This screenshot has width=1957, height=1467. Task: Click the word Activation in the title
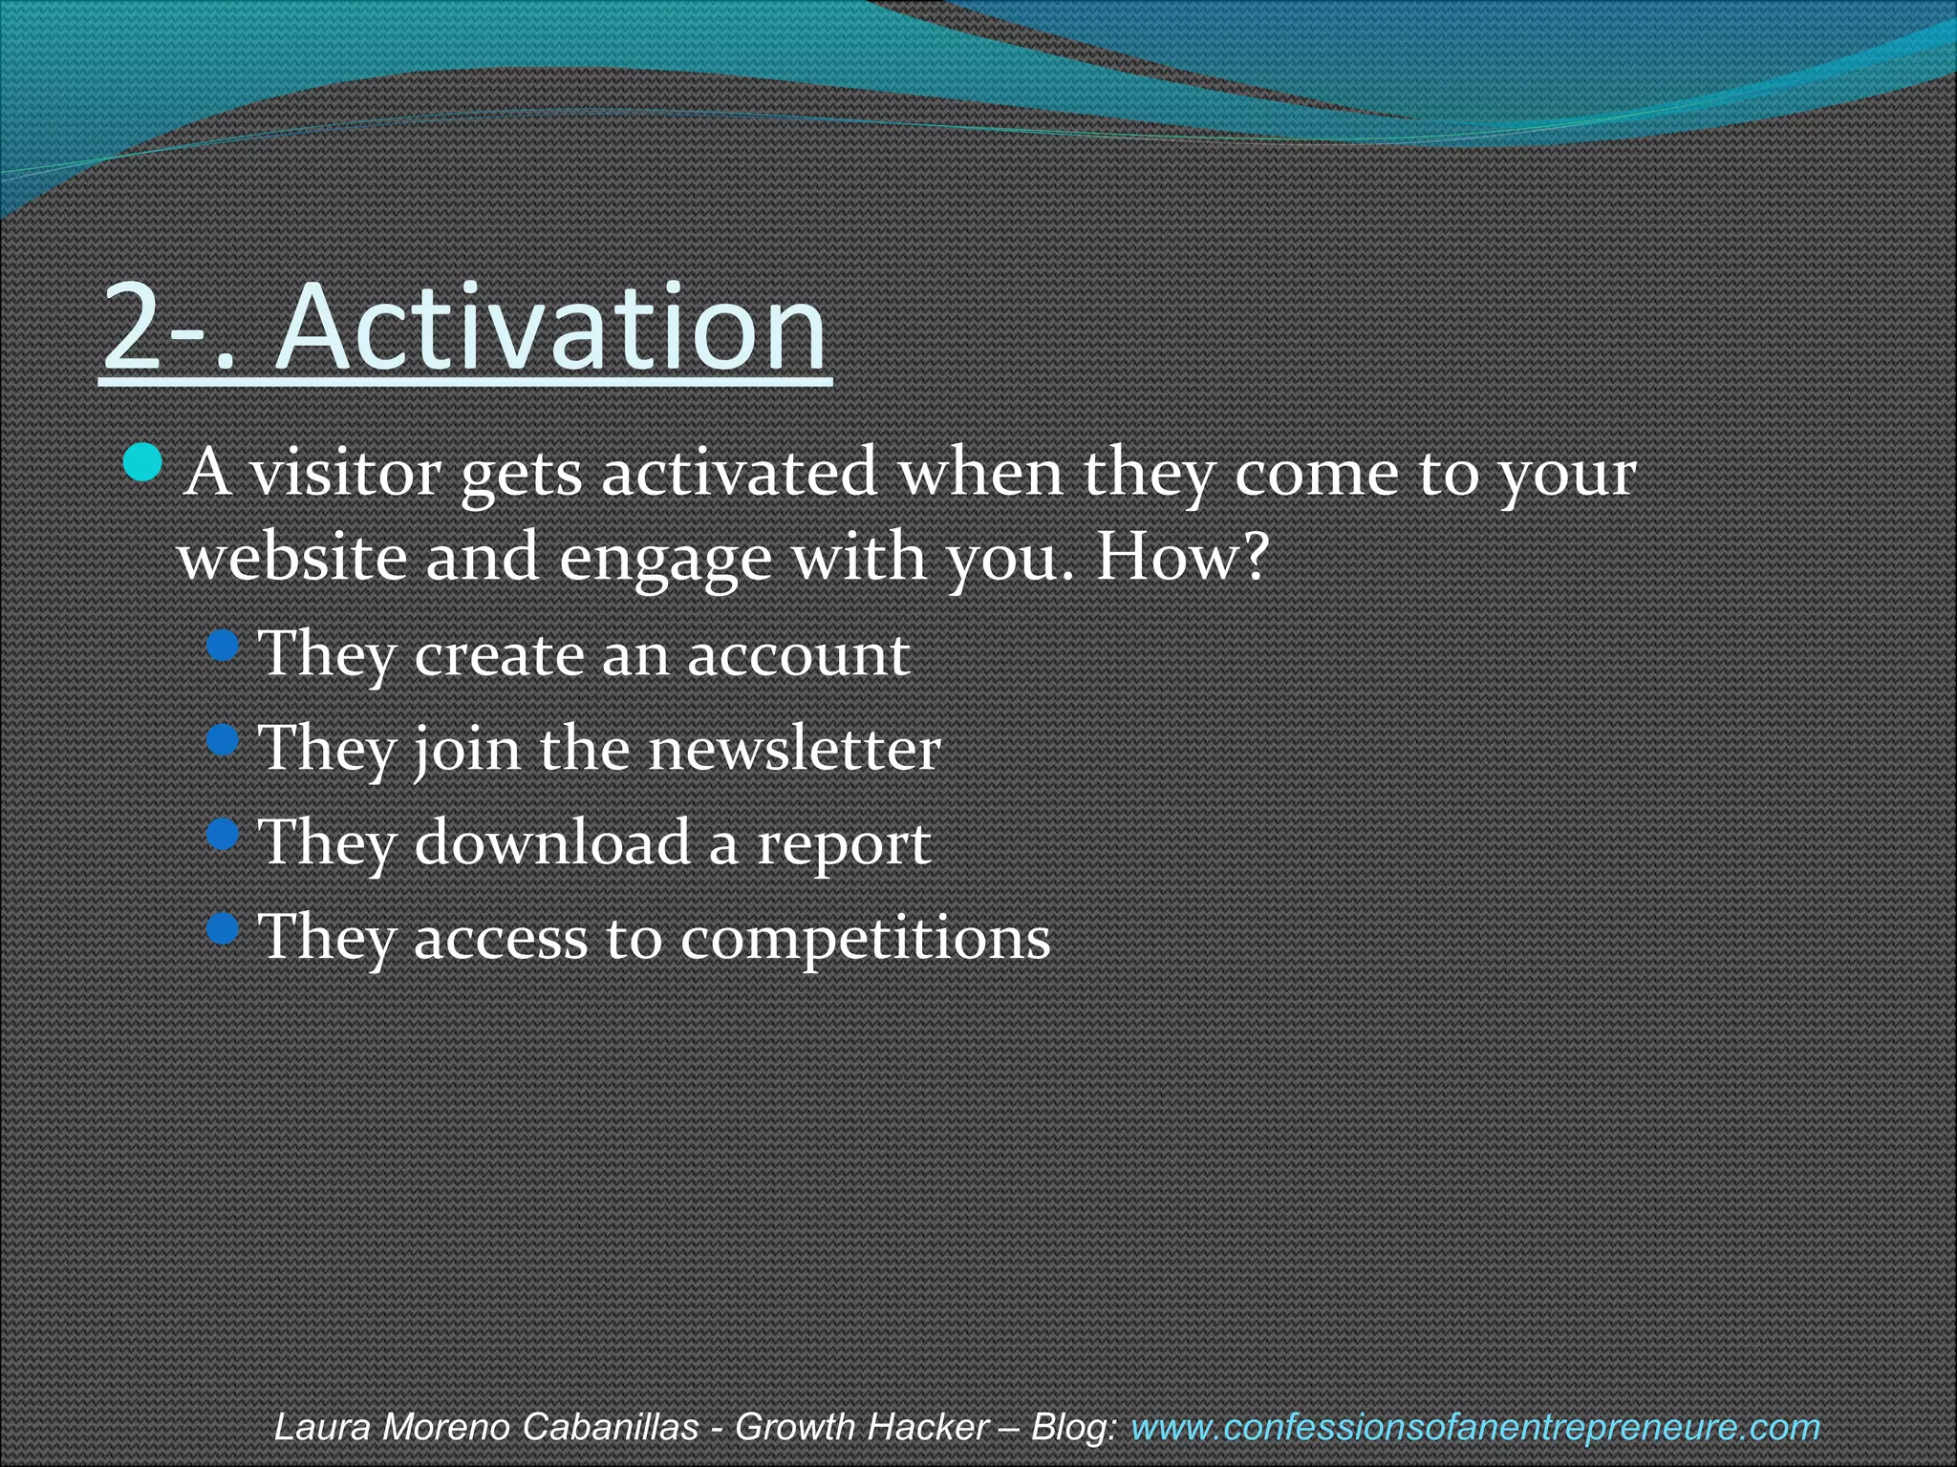click(x=551, y=327)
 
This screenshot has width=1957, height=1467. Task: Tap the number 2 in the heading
click(x=133, y=327)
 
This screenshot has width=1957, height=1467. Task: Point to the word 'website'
click(x=291, y=557)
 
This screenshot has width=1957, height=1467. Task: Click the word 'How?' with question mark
click(x=1182, y=557)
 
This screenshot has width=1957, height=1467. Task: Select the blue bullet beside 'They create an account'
click(x=222, y=647)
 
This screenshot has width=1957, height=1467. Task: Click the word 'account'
click(x=798, y=655)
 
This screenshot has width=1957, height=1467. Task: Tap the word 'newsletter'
click(x=794, y=749)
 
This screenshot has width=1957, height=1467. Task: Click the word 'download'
click(x=552, y=842)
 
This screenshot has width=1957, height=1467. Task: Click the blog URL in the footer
click(x=1474, y=1428)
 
